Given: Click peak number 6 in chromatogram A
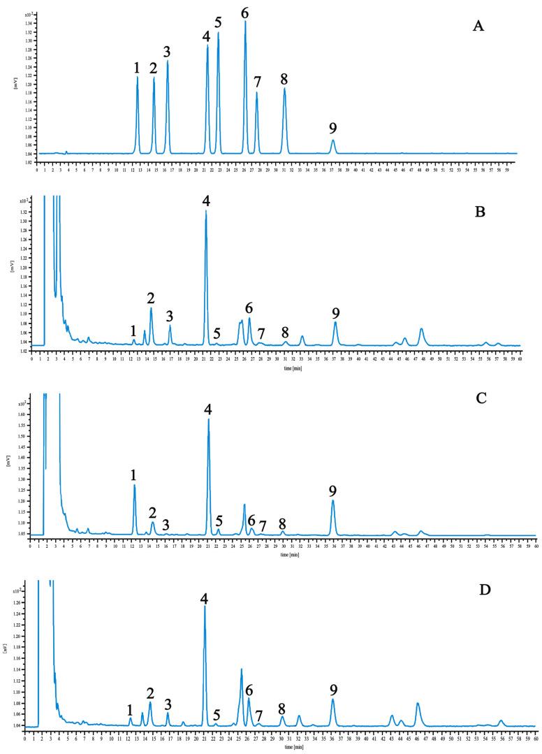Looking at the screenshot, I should point(245,13).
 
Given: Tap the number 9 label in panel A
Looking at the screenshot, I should point(333,128).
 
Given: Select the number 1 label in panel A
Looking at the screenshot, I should point(137,68).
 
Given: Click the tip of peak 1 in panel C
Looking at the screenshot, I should point(134,485).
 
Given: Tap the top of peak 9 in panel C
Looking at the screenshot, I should point(333,500).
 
